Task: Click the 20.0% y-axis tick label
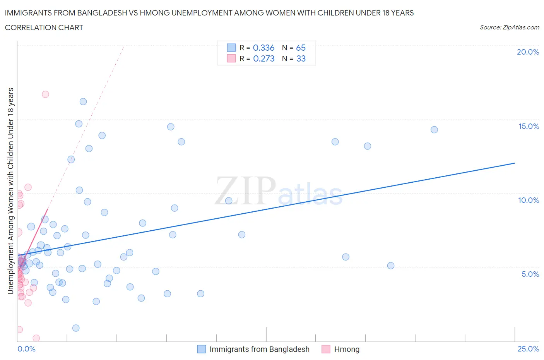click(528, 52)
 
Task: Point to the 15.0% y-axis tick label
click(529, 126)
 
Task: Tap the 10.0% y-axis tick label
click(529, 200)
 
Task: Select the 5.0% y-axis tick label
click(530, 274)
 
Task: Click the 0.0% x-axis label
click(26, 349)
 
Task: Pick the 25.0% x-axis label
click(528, 349)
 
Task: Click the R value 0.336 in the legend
click(263, 48)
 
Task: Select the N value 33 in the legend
click(301, 58)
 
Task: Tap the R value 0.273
click(263, 58)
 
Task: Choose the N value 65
click(301, 48)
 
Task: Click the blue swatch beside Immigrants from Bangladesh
click(202, 349)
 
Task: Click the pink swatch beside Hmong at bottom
click(326, 349)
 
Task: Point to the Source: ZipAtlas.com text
click(509, 27)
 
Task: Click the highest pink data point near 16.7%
click(45, 94)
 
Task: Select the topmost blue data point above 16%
click(83, 102)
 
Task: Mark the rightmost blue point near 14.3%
click(434, 130)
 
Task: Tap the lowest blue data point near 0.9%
click(76, 328)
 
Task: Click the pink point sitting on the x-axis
click(36, 338)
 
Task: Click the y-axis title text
click(11, 191)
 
